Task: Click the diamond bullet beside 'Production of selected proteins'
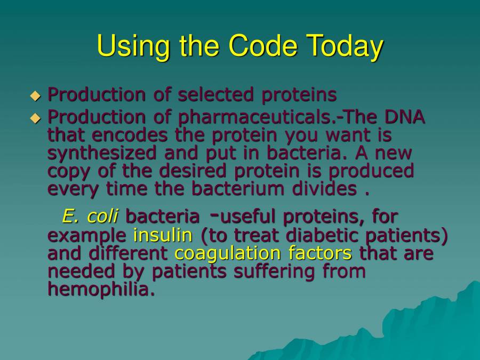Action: coord(35,96)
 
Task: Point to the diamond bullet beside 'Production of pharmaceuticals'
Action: coord(35,118)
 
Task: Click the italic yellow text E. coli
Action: coord(90,217)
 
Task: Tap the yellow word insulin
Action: coord(163,235)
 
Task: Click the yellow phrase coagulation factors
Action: coord(263,253)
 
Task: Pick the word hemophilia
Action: coord(101,289)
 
